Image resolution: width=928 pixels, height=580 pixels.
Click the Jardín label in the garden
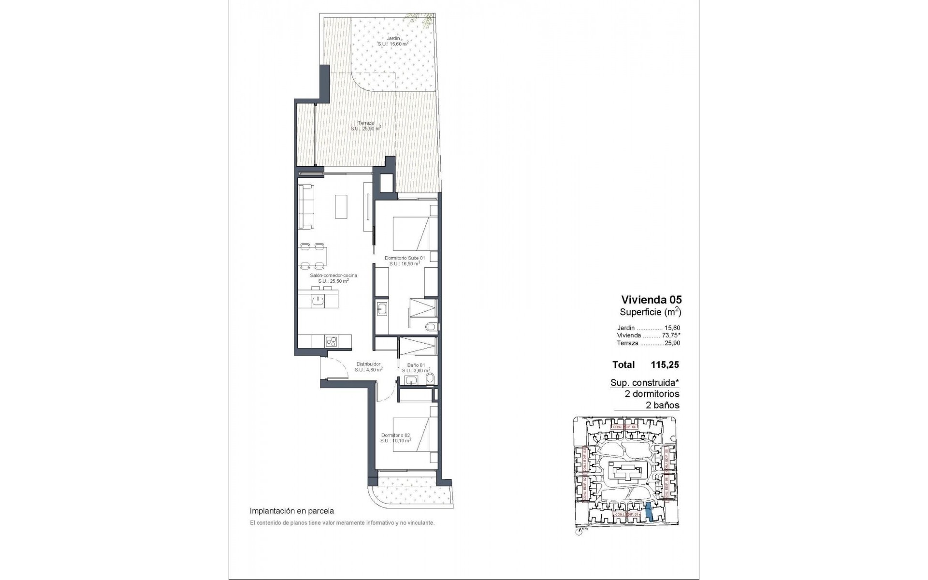tap(393, 38)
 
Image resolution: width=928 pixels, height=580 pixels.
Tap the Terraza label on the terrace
tap(366, 123)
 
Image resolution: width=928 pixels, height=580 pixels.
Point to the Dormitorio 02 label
tap(395, 435)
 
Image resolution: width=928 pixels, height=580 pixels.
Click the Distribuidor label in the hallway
tap(368, 364)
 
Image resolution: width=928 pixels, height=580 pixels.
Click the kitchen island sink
tap(318, 301)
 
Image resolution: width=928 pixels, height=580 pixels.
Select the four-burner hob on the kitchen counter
tap(331, 342)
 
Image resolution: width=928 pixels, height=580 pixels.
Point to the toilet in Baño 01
tap(431, 378)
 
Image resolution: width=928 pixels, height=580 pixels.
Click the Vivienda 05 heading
tap(651, 300)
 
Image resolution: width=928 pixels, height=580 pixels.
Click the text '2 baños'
tap(662, 406)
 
